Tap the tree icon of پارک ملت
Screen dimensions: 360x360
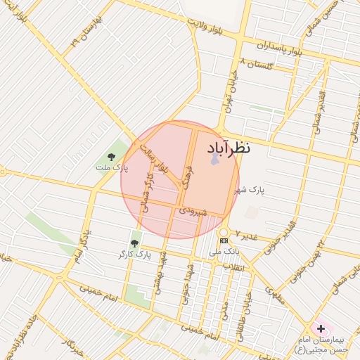[x=111, y=157]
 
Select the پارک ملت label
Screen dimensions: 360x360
[x=113, y=169]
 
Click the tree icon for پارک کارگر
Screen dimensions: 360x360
[x=134, y=243]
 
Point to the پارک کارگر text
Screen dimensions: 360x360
[x=134, y=253]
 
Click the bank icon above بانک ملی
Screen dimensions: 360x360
[x=224, y=240]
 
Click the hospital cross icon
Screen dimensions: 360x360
[x=321, y=328]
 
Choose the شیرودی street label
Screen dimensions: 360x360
[x=192, y=210]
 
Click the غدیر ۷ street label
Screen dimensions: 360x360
[x=250, y=236]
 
